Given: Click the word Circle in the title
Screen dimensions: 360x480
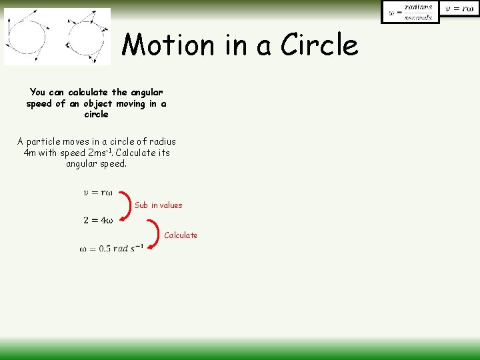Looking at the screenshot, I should pos(319,45).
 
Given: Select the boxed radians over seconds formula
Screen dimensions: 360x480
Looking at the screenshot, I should pos(410,12).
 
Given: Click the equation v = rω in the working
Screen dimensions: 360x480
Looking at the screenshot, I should pos(98,193).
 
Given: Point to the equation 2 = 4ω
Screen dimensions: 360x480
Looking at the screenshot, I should pos(98,221).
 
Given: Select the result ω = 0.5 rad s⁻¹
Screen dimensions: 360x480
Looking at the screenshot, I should pos(111,249).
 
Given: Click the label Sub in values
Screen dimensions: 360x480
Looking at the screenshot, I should pos(158,205).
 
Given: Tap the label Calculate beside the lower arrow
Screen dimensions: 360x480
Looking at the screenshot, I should pos(181,235).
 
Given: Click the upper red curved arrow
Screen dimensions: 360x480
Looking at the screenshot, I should pos(127,206).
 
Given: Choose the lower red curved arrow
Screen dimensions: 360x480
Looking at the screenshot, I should pos(156,235).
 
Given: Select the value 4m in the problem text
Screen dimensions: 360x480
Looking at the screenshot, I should pos(29,153).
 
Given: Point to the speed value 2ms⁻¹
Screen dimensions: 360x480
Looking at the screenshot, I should pos(99,153).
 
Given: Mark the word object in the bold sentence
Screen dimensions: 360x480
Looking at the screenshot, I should pos(97,103).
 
